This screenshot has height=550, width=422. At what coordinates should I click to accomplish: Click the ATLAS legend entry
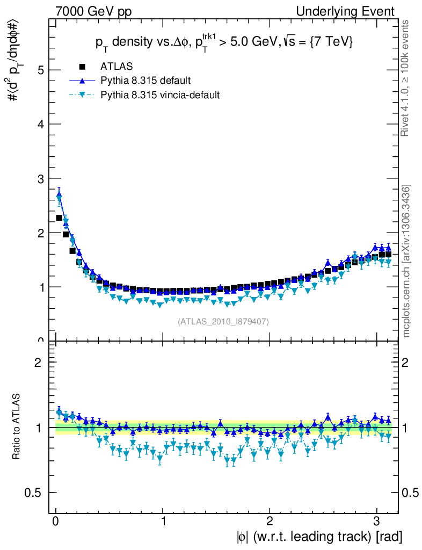(117, 67)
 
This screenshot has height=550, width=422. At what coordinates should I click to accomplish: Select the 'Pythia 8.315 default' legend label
(145, 81)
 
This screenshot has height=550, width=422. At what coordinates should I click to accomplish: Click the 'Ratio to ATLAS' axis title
(18, 426)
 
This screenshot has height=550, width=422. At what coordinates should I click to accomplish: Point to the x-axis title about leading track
(318, 537)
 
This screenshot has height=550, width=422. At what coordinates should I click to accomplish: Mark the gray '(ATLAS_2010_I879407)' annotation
(223, 321)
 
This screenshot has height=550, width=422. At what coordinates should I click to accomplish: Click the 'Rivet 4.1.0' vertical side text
(406, 78)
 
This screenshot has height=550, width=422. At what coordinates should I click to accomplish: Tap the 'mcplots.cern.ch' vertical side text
(406, 261)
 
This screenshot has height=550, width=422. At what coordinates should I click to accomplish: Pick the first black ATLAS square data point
(59, 218)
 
